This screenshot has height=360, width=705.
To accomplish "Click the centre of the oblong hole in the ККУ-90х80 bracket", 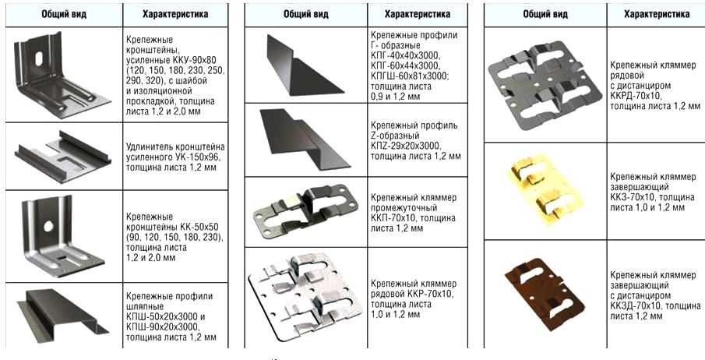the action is tap(39, 57).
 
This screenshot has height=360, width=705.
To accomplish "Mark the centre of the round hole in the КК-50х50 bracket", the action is tap(48, 226).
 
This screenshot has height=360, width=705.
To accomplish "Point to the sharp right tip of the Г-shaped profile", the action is tap(344, 90).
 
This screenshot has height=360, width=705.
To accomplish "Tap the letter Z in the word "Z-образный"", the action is tap(373, 136).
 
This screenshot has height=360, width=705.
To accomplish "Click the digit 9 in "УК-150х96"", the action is tap(208, 157).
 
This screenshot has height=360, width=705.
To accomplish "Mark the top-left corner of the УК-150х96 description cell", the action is tap(123, 122).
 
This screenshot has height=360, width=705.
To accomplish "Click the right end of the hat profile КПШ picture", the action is tap(108, 332).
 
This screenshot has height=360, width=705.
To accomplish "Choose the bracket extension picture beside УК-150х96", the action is tap(63, 156).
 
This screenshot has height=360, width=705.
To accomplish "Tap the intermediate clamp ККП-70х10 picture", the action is tap(305, 210).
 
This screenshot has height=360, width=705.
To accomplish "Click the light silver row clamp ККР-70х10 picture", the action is tap(305, 296).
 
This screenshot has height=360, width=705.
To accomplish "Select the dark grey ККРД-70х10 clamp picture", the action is tap(545, 85).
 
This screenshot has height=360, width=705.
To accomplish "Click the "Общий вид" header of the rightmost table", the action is tap(545, 14).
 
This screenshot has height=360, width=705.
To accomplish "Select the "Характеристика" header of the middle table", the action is tap(418, 14).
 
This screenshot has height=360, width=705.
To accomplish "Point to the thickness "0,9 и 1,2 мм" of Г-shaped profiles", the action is tap(396, 97).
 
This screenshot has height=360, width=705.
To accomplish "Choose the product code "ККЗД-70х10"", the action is tap(636, 306).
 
